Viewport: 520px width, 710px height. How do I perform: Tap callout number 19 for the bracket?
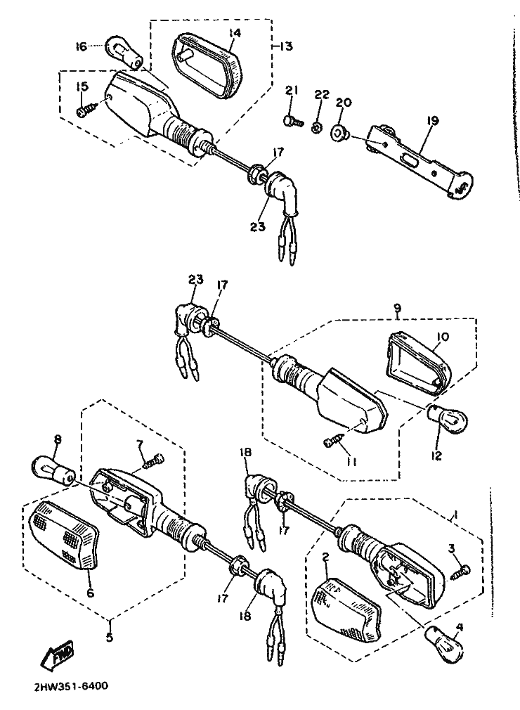(432, 121)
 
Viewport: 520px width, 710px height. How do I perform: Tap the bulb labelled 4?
(446, 643)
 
